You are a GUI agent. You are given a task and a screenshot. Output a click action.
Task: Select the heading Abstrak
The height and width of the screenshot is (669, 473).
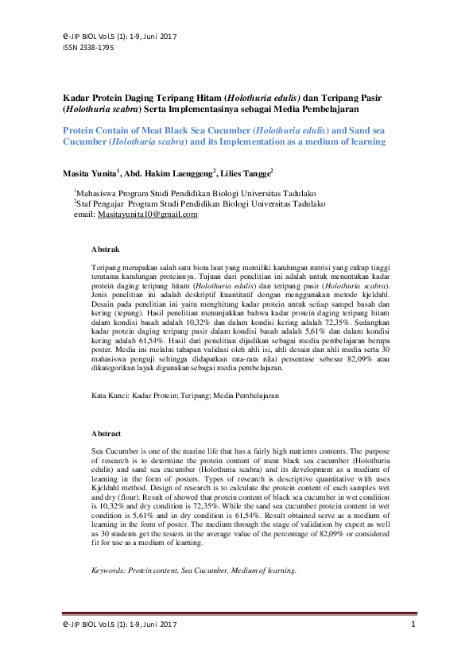(x=106, y=249)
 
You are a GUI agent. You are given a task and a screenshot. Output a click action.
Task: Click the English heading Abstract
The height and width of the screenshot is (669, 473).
(x=107, y=434)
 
